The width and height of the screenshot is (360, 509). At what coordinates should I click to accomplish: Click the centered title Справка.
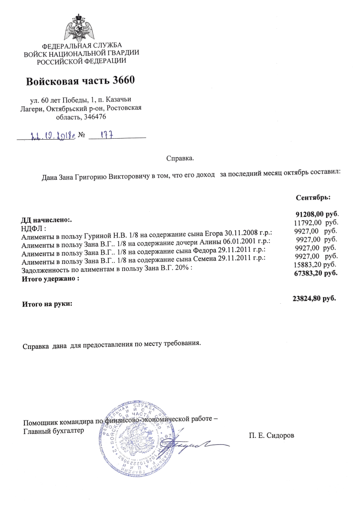pos(180,159)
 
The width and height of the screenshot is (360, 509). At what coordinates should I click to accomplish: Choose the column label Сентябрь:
pos(313,198)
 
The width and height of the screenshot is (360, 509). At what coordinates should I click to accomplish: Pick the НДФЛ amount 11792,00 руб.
pos(316,222)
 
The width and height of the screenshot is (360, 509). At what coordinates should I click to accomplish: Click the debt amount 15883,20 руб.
pos(315,264)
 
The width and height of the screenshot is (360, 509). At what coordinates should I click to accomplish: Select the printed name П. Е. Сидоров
pos(271,435)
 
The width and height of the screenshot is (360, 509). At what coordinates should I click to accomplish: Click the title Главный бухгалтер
pos(54,431)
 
